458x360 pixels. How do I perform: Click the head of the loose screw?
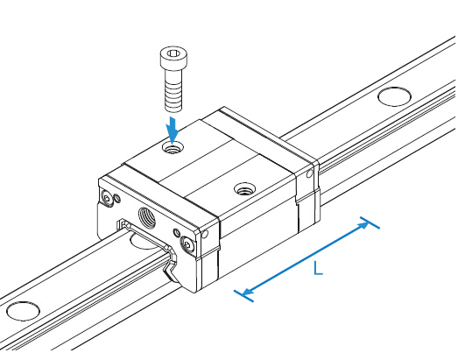point(173,58)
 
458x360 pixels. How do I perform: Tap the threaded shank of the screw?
point(173,90)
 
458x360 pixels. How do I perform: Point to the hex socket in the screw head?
point(173,53)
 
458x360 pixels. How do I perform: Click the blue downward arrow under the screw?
point(173,131)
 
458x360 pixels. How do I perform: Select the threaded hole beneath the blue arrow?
point(173,148)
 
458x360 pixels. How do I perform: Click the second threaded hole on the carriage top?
point(245,189)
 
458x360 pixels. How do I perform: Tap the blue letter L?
point(318,268)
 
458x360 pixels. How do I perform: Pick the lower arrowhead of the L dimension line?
point(247,292)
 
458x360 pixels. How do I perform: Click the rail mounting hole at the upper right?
point(394,96)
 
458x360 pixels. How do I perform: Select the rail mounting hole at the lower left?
point(23,311)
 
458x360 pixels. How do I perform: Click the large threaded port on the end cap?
point(146,220)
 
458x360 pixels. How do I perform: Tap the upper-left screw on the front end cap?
point(106,199)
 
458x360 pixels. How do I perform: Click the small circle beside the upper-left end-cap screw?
point(117,198)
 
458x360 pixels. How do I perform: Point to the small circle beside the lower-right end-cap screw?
point(177,233)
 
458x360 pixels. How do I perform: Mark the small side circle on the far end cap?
point(309,174)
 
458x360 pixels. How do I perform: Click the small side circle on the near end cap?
point(205,234)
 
